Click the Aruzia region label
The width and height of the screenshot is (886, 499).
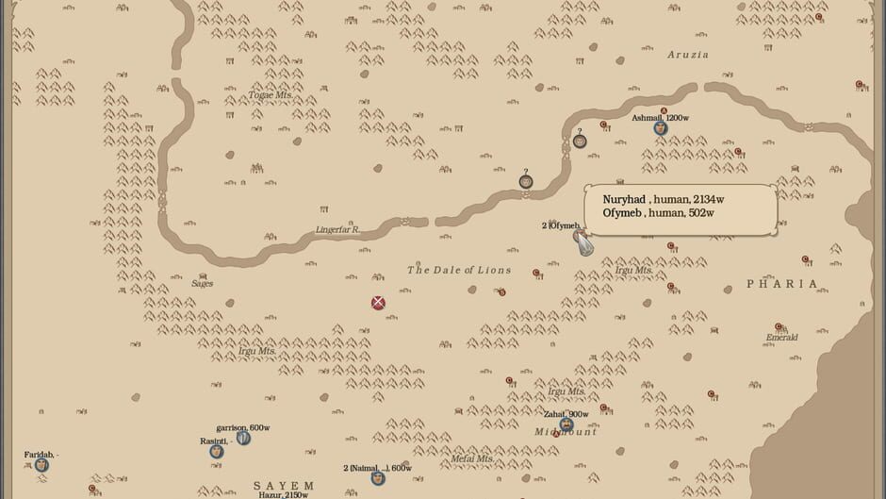[x=687, y=55]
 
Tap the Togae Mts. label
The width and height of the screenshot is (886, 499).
[x=271, y=95]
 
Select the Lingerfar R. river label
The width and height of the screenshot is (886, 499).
[x=337, y=229]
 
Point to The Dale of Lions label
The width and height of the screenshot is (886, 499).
[x=459, y=270]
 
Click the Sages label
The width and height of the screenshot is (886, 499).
[x=203, y=283]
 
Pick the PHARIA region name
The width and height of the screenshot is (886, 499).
[x=782, y=283]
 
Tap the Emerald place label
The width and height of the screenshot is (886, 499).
[x=781, y=337]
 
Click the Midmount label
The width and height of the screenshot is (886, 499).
[x=566, y=432]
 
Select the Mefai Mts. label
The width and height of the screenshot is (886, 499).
[x=472, y=458]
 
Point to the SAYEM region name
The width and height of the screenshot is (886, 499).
[x=283, y=485]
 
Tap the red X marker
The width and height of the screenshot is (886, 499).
[x=378, y=303]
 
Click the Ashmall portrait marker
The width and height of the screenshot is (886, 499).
[x=661, y=128]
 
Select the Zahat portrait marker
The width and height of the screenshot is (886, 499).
[x=566, y=424]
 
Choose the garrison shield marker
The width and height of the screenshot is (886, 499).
[x=243, y=438]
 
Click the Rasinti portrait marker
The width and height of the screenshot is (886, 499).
[x=217, y=451]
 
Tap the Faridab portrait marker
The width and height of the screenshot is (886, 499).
[x=41, y=464]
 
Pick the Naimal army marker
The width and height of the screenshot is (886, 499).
[x=377, y=477]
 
